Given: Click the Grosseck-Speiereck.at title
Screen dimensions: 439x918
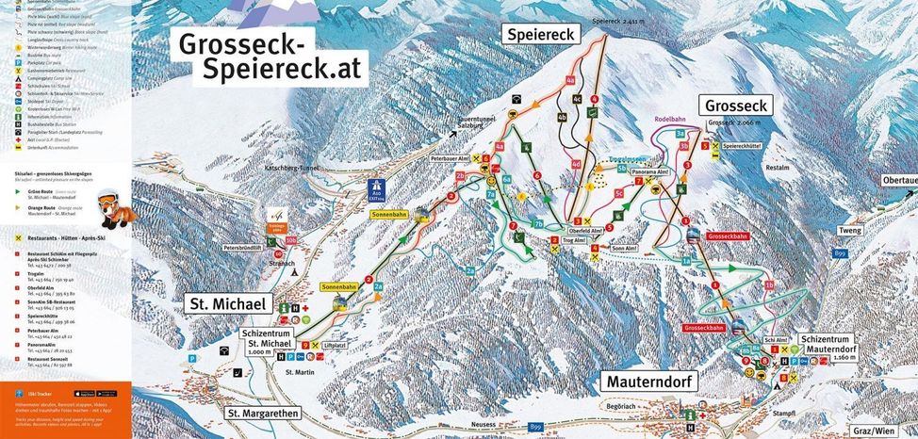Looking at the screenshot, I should [x=267, y=57].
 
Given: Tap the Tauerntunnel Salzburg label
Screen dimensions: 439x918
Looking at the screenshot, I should [x=455, y=125].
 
